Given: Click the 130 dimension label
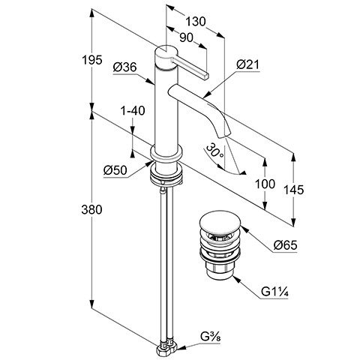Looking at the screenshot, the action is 196,22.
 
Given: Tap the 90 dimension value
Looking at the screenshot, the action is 187,37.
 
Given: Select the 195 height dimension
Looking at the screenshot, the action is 92,60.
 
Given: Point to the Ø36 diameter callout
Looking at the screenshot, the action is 124,67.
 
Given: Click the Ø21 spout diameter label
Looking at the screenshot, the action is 247,64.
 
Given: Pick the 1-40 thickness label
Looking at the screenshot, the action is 133,110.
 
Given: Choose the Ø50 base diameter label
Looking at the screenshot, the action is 115,170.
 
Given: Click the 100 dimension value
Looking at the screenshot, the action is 265,184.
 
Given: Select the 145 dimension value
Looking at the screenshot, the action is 294,190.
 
